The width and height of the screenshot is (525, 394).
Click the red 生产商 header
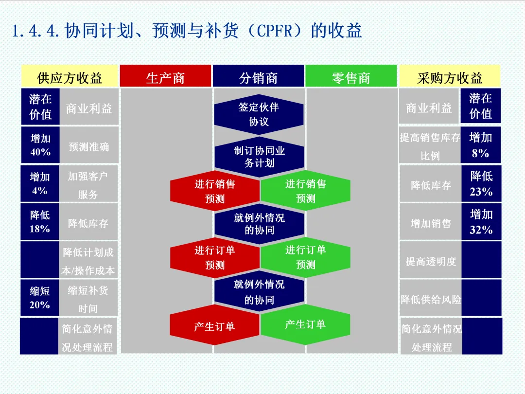[165, 77]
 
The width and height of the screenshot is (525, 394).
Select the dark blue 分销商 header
[258, 77]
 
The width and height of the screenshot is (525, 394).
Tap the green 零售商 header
[351, 77]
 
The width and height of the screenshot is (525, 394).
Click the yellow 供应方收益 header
[70, 77]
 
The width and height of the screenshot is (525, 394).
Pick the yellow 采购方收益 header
[450, 77]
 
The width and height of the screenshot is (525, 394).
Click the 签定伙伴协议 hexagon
[259, 114]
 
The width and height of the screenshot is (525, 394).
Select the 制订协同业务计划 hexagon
[259, 157]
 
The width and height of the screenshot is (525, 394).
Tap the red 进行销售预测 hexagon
[215, 191]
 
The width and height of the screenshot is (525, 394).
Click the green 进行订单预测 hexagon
[305, 257]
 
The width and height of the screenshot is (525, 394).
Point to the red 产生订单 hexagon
[214, 326]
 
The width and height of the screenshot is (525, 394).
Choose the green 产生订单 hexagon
[305, 324]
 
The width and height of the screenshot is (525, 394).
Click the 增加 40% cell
[40, 145]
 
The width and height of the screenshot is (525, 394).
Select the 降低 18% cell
[40, 221]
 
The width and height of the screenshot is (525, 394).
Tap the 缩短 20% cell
[40, 298]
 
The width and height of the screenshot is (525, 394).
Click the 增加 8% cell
[480, 145]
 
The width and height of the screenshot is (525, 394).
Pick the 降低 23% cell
[481, 183]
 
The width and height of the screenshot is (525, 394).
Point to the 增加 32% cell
[481, 222]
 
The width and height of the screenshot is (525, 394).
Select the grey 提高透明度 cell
[431, 261]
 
